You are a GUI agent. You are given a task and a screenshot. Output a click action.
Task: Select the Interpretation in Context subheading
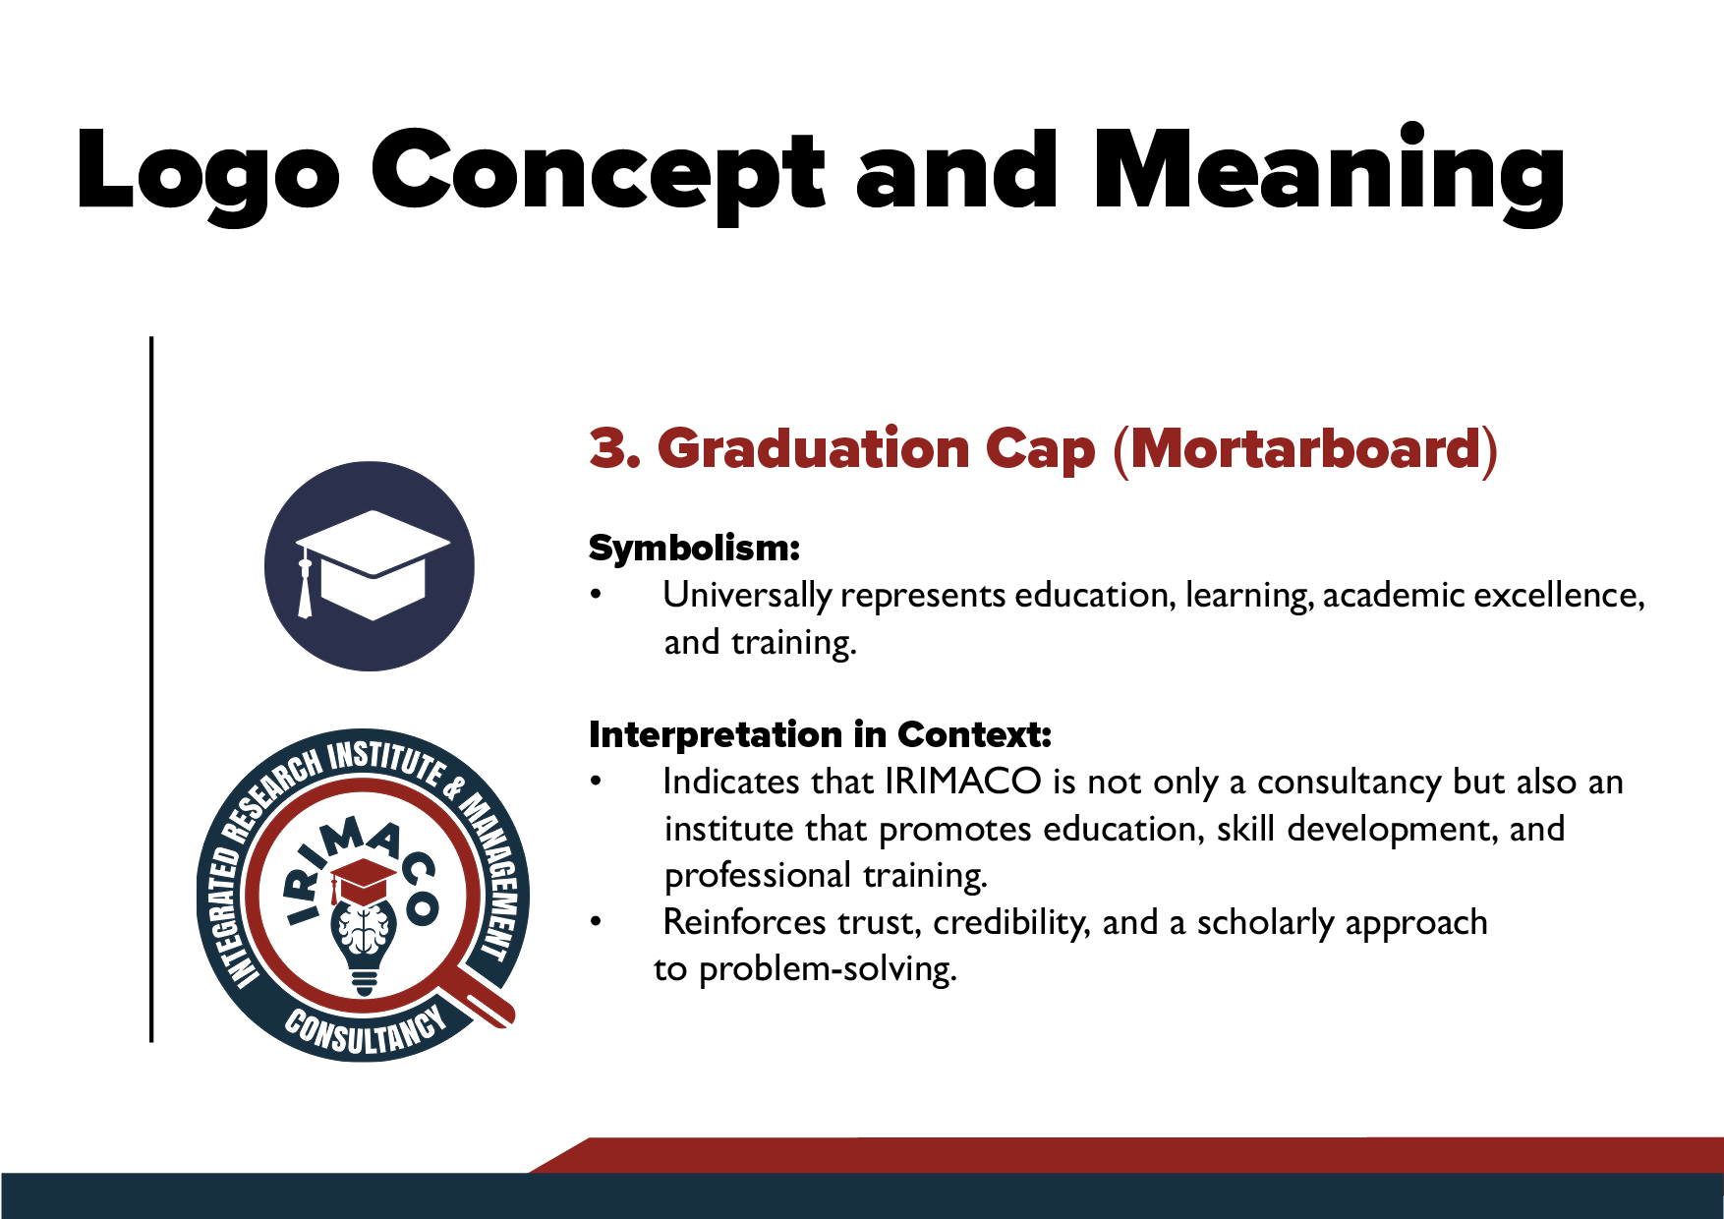click(821, 734)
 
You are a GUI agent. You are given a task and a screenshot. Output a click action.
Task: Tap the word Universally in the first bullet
click(747, 596)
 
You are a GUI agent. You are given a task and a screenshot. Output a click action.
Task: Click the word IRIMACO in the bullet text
click(963, 782)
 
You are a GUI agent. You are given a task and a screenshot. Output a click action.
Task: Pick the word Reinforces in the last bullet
click(745, 922)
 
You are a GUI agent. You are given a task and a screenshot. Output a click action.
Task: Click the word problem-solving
click(828, 969)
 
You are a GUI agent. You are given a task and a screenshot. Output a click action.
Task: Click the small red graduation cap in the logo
click(363, 881)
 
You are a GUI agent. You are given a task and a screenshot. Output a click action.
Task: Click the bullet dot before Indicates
click(596, 782)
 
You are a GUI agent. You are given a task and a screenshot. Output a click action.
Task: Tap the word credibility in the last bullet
click(1011, 922)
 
